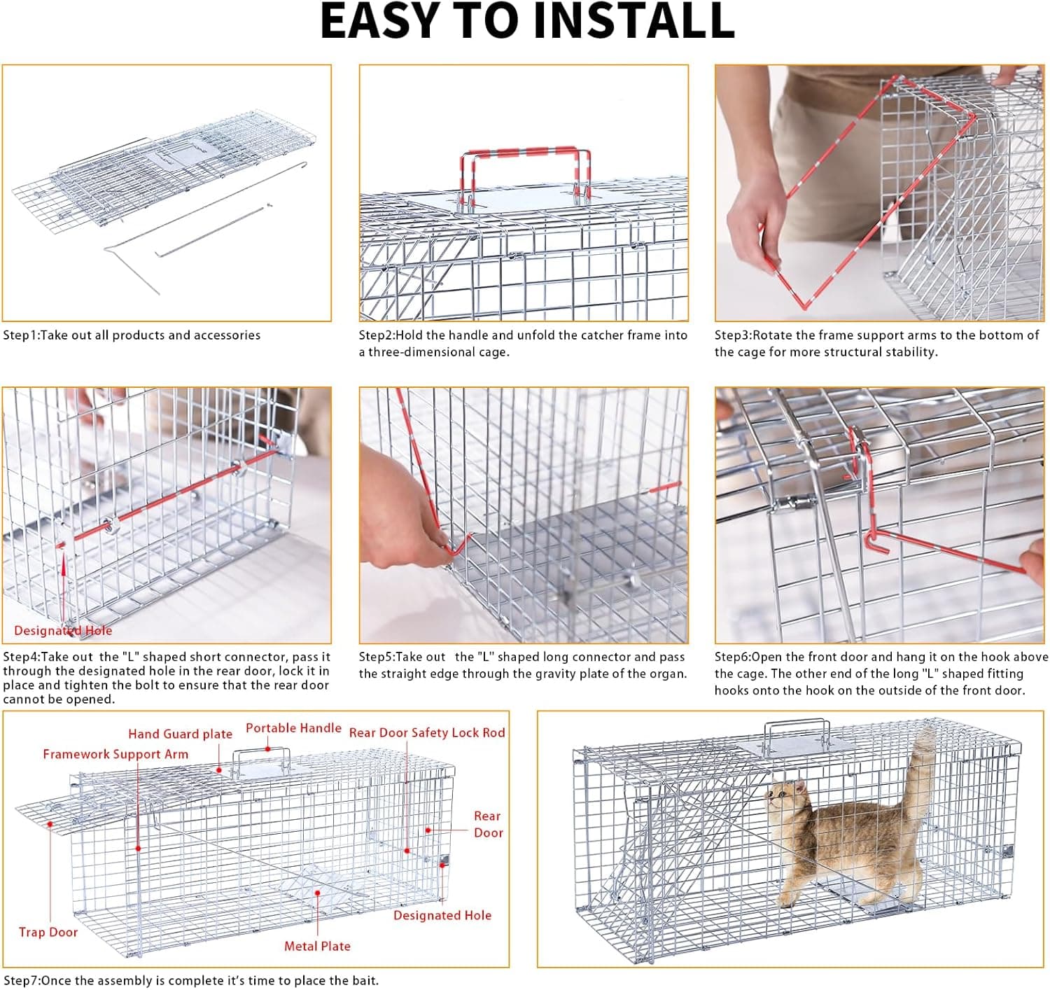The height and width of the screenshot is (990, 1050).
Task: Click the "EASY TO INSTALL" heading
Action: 527,21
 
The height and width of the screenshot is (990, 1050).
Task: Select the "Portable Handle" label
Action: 293,728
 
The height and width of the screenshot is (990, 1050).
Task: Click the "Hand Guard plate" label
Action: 180,734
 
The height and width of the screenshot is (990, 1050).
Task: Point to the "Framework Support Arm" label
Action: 115,754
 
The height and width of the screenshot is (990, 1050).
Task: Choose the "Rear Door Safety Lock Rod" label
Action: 427,732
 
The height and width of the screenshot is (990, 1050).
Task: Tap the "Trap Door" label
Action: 48,932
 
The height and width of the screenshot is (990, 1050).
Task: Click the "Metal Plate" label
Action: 317,946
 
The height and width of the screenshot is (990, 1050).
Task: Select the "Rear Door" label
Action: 488,824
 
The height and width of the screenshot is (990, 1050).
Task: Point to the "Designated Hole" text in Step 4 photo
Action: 63,631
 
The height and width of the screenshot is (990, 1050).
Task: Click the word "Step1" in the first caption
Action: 20,335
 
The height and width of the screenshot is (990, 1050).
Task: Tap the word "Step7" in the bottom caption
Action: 20,980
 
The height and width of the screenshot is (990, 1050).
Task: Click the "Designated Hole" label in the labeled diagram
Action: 442,915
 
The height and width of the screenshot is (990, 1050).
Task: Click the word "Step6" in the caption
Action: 731,657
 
